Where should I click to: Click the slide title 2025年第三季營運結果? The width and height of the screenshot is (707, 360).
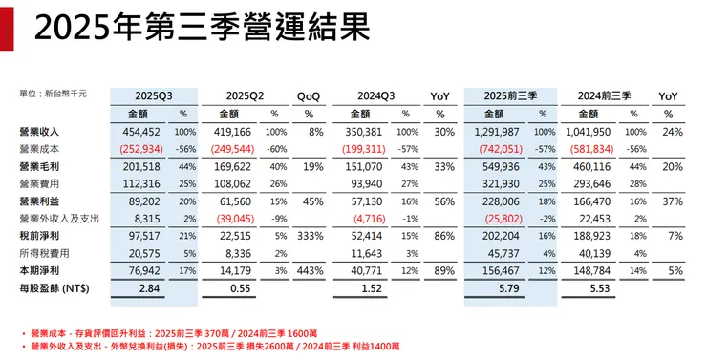click(201, 30)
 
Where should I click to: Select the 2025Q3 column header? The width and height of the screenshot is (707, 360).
click(153, 96)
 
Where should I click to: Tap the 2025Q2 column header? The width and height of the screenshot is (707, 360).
click(246, 96)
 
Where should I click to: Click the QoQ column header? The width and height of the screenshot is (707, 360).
click(309, 96)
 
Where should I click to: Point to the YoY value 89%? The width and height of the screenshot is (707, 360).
click(441, 270)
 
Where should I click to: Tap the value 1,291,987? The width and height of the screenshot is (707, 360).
click(496, 131)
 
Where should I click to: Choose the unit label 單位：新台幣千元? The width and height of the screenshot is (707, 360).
click(54, 94)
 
